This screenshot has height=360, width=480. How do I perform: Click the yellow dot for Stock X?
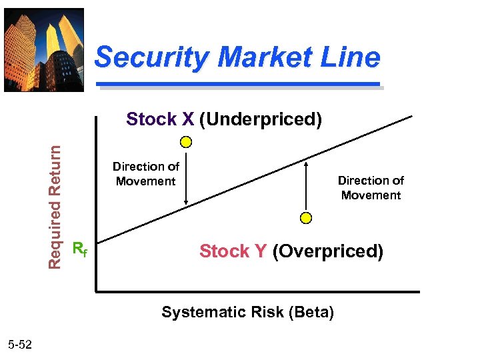(x=187, y=141)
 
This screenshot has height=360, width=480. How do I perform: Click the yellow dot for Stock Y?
(x=305, y=218)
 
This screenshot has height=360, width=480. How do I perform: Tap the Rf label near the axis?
(x=79, y=250)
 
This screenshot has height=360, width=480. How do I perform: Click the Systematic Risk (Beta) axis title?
(x=247, y=312)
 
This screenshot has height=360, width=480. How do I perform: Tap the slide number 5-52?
(x=25, y=344)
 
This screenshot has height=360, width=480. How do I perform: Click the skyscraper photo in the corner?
(x=44, y=49)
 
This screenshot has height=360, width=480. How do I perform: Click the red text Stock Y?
(x=233, y=251)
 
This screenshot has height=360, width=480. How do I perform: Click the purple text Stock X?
(x=160, y=119)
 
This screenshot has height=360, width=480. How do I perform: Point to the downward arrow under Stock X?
(x=187, y=180)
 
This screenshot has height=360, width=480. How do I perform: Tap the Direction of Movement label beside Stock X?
(x=145, y=174)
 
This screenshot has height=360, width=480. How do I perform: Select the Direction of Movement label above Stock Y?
(x=371, y=188)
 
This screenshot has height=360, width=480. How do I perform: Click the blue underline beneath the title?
(x=238, y=85)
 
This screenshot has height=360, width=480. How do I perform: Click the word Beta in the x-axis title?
(x=314, y=312)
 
